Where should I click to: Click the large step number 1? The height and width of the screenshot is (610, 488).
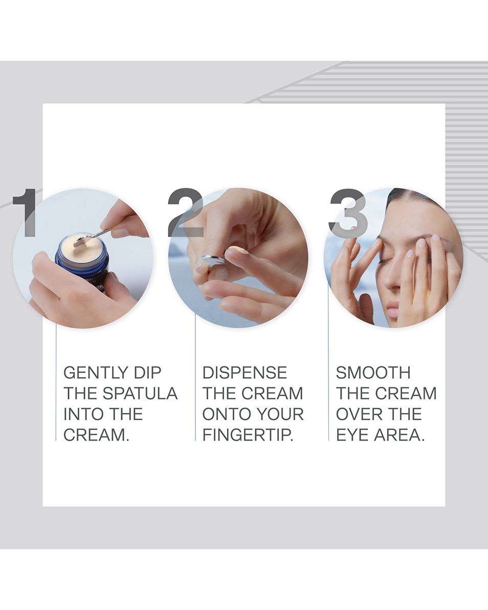coord(26,212)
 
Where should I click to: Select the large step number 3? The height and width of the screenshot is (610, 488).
coord(348,212)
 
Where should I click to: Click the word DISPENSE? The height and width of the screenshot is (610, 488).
coord(245,373)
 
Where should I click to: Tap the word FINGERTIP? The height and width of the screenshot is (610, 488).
coord(248,435)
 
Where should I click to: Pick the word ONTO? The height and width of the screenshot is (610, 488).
coord(223,414)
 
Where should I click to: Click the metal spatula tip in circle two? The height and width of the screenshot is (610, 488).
coord(212,259)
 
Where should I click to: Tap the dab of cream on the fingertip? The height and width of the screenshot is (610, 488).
coord(238,250)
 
